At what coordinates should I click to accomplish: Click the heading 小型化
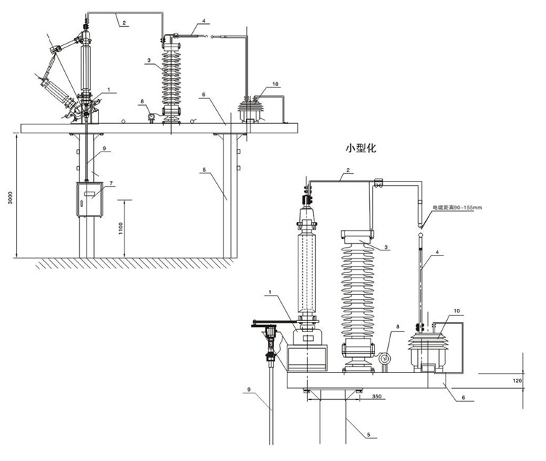tap(361, 148)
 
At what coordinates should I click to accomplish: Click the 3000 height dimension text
tap(10, 197)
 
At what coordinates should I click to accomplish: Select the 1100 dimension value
tap(121, 228)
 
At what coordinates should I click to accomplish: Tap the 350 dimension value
tap(377, 396)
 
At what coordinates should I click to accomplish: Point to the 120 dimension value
tap(517, 380)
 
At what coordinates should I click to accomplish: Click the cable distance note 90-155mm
tap(457, 208)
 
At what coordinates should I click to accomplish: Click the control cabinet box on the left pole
tap(90, 200)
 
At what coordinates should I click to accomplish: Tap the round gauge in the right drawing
tap(385, 358)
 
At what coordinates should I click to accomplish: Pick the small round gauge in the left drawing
tap(152, 116)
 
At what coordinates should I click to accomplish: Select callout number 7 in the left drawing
tap(111, 183)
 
